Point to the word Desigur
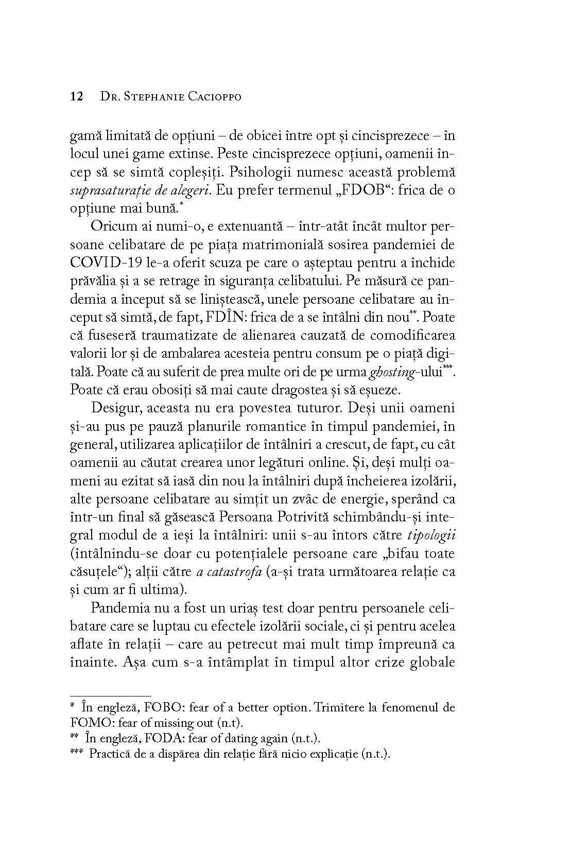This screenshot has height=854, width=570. tap(117, 409)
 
